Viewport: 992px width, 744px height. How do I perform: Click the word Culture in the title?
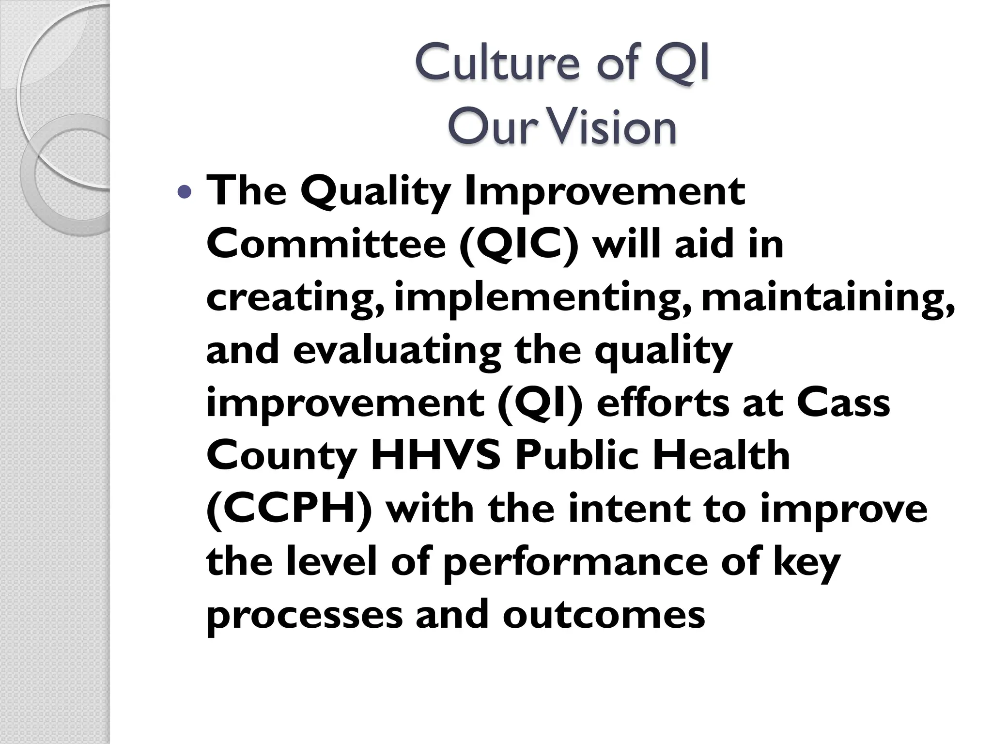pyautogui.click(x=497, y=62)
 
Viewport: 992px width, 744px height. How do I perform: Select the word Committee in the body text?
pyautogui.click(x=326, y=244)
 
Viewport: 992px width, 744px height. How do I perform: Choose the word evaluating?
pyautogui.click(x=397, y=351)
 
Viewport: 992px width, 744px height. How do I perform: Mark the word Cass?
pyautogui.click(x=843, y=404)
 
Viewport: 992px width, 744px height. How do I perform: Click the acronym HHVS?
pyautogui.click(x=435, y=456)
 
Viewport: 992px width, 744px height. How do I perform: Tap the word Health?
pyautogui.click(x=721, y=456)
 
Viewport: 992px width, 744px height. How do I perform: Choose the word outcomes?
pyautogui.click(x=604, y=616)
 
